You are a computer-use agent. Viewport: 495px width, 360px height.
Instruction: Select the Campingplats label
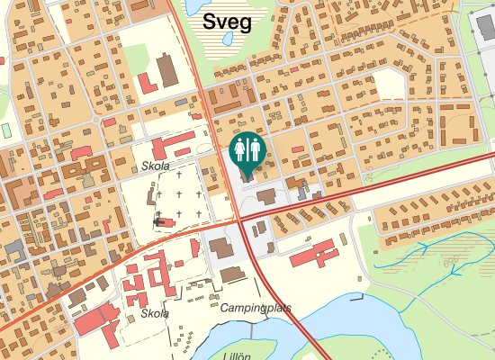pyautogui.click(x=256, y=308)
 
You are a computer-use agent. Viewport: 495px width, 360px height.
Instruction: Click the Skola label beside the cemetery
pyautogui.click(x=156, y=166)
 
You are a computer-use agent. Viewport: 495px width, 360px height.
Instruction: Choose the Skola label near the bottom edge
pyautogui.click(x=156, y=314)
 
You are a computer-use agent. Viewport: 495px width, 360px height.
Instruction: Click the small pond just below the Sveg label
pyautogui.click(x=228, y=40)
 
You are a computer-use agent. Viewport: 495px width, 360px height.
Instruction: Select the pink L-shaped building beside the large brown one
pyautogui.click(x=147, y=84)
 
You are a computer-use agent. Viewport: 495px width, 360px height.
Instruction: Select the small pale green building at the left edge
pyautogui.click(x=6, y=130)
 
